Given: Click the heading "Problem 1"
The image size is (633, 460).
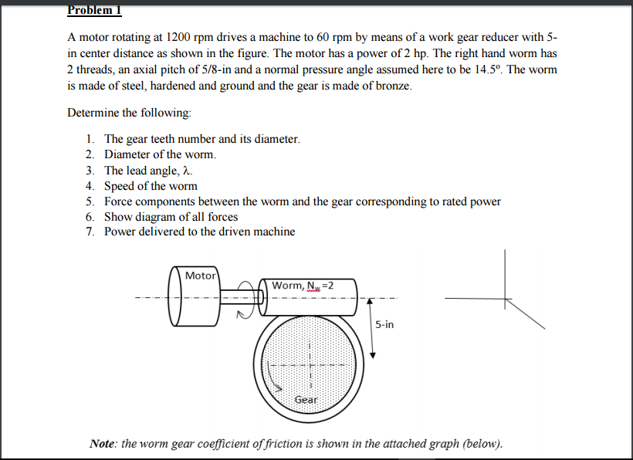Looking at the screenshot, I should pos(94,10).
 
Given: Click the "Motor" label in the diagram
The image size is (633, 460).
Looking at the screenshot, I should pos(201,276).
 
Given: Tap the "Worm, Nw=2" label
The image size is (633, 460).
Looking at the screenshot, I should pos(302,286).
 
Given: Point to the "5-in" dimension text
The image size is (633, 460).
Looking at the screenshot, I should pos(384,325).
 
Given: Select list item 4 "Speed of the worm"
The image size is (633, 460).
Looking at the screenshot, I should pos(151,186).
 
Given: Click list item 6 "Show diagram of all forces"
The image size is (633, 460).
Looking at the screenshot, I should pos(171,217).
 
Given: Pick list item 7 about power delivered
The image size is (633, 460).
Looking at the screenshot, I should pos(199,232).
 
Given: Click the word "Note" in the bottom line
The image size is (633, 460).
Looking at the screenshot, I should pos(103,444).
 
